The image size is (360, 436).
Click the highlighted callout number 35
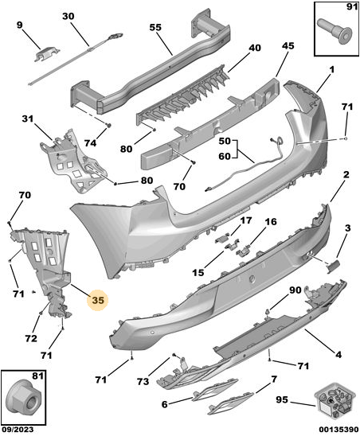click(x=98, y=300)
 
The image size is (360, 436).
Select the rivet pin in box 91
click(x=334, y=33)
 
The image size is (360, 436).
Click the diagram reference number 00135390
click(x=338, y=430)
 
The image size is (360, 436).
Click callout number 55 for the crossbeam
click(x=155, y=28)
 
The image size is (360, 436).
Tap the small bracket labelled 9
click(x=46, y=54)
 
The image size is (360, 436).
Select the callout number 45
click(x=288, y=46)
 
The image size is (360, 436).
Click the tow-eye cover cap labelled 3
click(x=333, y=267)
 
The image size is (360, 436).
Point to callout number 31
click(x=28, y=119)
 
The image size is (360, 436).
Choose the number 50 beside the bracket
click(x=225, y=142)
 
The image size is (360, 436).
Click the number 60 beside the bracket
click(x=225, y=157)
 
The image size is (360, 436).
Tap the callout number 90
click(x=295, y=290)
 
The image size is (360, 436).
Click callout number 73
click(x=143, y=382)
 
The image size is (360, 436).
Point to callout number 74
click(x=90, y=143)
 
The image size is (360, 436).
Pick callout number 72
click(x=30, y=338)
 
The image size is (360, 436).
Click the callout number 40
click(x=255, y=48)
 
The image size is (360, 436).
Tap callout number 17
click(x=245, y=220)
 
